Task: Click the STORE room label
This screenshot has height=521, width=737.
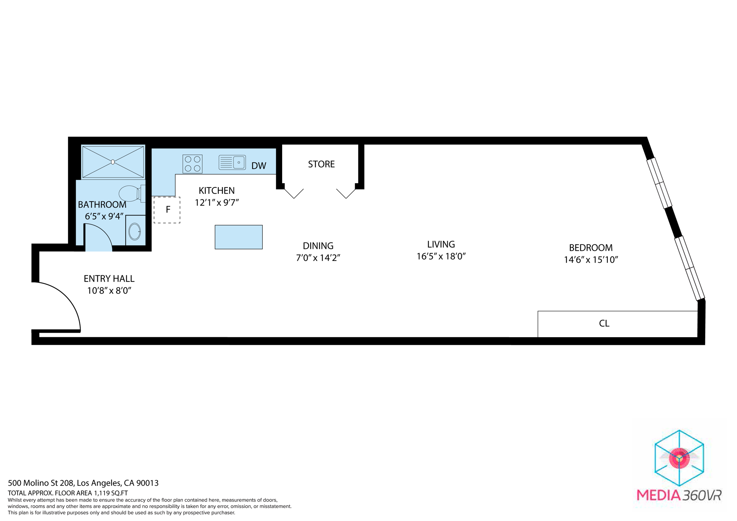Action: [321, 164]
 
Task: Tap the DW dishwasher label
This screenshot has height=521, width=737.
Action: [259, 166]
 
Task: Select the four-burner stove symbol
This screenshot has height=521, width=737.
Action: [193, 164]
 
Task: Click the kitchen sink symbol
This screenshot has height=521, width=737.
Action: [232, 162]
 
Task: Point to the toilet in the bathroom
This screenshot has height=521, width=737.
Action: [130, 193]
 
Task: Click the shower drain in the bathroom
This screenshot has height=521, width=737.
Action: [113, 162]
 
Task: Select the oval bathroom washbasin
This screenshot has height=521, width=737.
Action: [135, 231]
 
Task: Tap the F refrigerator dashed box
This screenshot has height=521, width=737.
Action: [167, 210]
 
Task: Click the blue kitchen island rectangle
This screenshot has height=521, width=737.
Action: [239, 237]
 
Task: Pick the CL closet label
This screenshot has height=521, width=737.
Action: [604, 323]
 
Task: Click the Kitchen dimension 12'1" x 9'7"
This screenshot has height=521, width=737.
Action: [217, 203]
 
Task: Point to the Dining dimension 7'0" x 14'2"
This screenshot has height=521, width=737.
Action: [318, 258]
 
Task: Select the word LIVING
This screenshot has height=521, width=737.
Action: [441, 245]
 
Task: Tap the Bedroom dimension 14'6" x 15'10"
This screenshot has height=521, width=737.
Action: [591, 260]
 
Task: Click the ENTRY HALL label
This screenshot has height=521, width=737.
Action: [109, 279]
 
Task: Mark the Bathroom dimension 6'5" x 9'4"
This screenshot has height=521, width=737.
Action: [104, 217]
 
